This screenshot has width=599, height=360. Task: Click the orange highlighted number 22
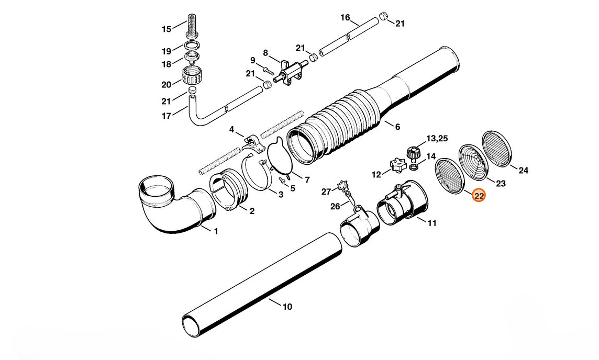479,196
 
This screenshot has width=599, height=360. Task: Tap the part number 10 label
287,307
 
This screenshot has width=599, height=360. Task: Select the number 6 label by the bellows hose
398,127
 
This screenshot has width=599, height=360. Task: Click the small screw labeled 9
269,70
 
